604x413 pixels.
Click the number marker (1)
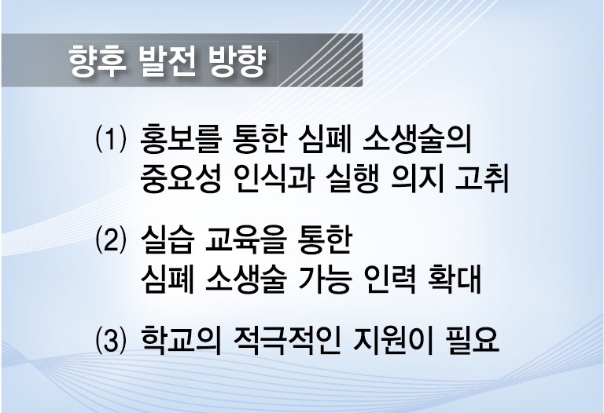click(111, 138)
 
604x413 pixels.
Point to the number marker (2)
click(111, 239)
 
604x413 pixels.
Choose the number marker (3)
click(111, 339)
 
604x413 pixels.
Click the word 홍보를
click(180, 138)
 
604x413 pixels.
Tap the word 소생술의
click(417, 138)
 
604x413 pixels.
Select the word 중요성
click(180, 178)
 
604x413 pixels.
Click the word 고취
click(482, 178)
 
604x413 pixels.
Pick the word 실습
click(167, 239)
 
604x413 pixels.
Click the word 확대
click(455, 280)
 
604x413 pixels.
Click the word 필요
click(472, 339)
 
